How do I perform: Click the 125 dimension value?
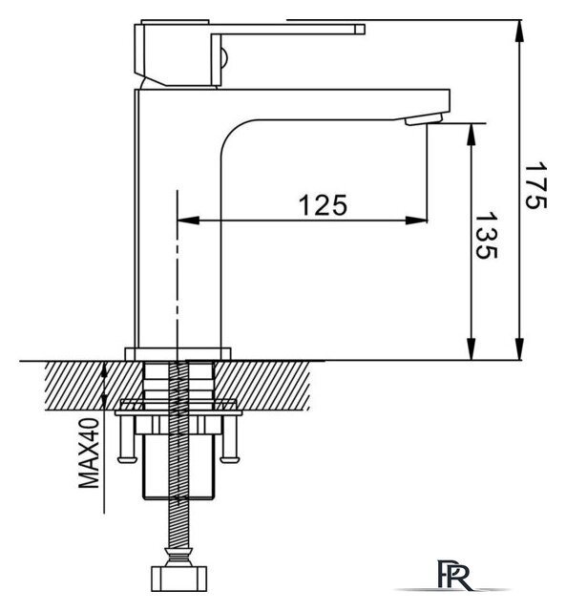click(323, 205)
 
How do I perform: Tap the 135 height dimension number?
click(486, 236)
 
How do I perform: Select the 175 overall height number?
click(535, 185)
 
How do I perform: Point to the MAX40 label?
click(89, 453)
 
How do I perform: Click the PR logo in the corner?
click(454, 575)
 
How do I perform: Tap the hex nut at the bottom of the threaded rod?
click(178, 579)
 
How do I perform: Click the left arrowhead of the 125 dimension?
click(189, 221)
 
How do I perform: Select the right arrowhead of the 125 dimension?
click(416, 221)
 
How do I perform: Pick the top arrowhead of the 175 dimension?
click(519, 32)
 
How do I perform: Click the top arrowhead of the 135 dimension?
click(472, 135)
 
